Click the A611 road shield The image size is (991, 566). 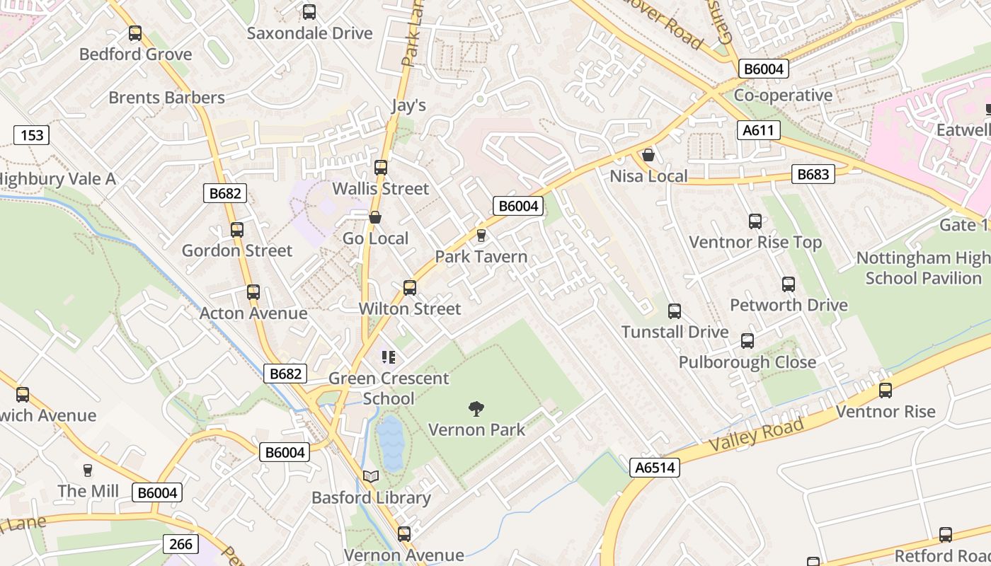(761, 130)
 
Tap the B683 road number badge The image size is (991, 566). (813, 174)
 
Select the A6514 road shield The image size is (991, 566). (655, 467)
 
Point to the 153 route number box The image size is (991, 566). (32, 134)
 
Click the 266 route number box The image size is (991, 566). (181, 543)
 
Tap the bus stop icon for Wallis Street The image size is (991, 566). (381, 168)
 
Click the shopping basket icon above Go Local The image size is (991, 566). (375, 217)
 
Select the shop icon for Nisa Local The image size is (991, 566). (648, 155)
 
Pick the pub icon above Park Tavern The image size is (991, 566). (481, 235)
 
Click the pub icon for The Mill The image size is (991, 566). (88, 470)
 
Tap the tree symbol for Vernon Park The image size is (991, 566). (476, 408)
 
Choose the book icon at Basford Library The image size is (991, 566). (371, 477)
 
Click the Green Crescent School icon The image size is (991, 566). (387, 357)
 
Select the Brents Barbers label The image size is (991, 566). (166, 98)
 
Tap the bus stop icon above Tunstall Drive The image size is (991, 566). (675, 311)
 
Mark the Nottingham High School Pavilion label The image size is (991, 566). (923, 267)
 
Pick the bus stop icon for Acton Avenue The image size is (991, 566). (253, 292)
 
